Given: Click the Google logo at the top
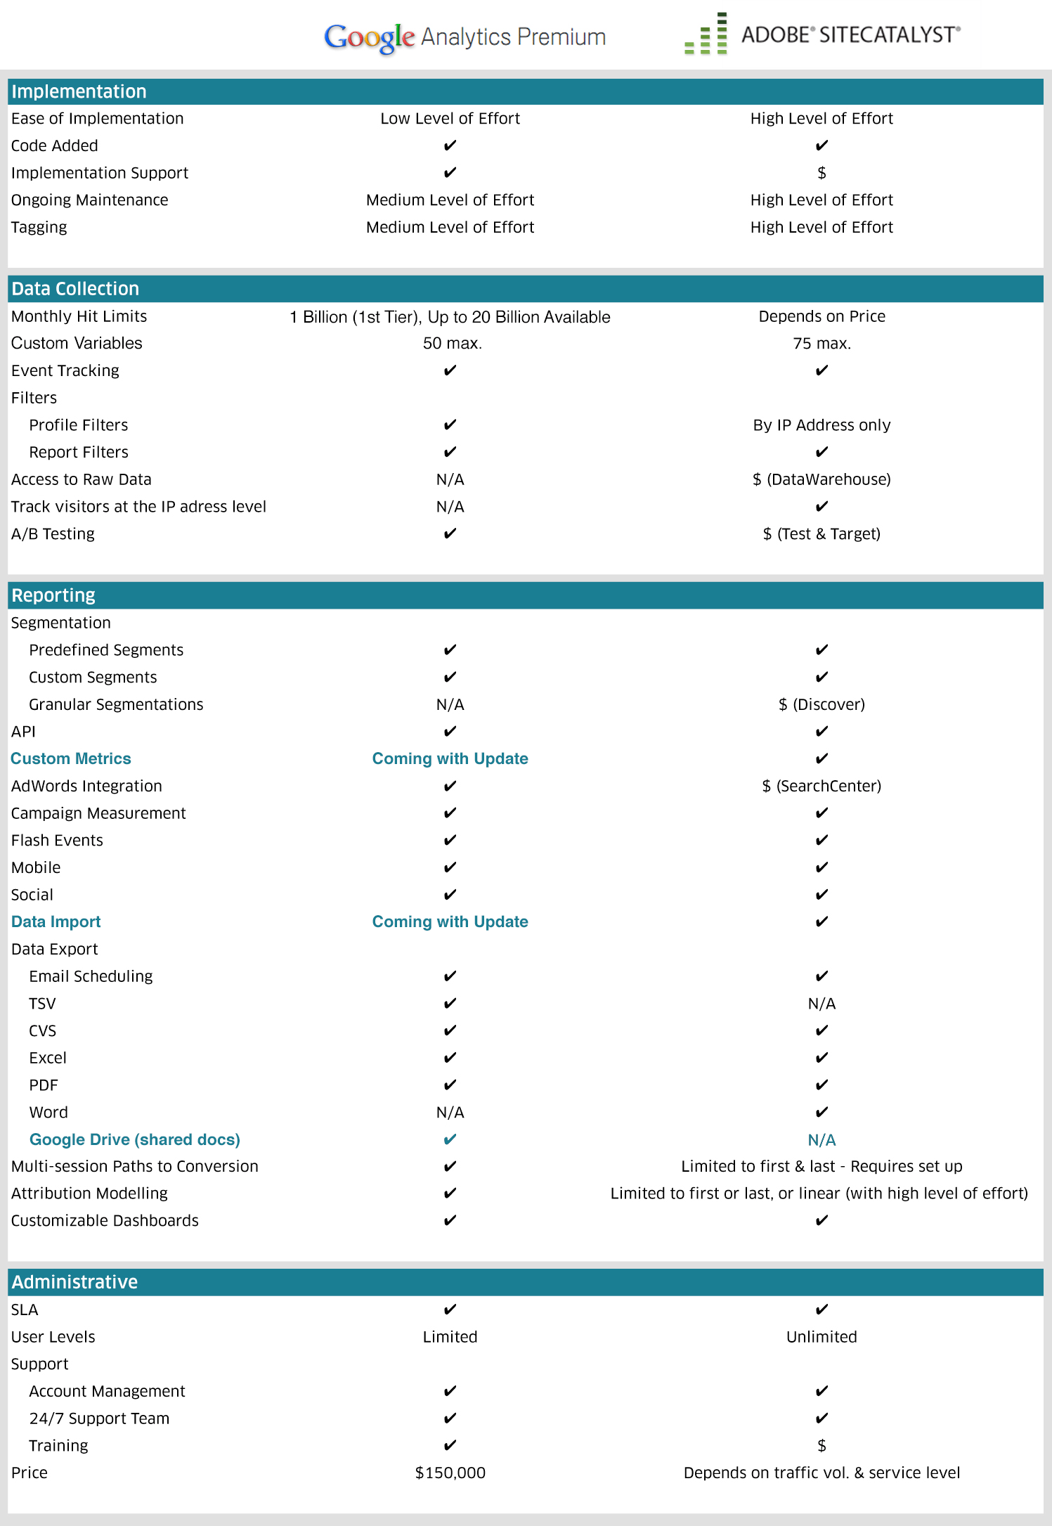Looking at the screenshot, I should (369, 37).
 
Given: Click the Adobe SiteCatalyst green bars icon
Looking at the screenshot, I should (706, 34).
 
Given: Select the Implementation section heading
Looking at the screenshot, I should (79, 91).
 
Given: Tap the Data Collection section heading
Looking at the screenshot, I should (75, 288).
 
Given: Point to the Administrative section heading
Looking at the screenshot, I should (74, 1281).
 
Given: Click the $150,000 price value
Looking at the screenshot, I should (450, 1472).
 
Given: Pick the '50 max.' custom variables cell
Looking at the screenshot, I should (452, 343).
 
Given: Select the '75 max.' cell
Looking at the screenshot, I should (822, 343).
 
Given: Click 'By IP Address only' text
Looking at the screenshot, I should (822, 425).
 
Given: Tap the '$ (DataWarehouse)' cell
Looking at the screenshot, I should (822, 479).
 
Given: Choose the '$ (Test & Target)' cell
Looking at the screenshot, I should (822, 534).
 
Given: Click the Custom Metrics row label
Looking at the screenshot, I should (71, 758).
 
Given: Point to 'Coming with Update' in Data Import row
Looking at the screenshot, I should (450, 922).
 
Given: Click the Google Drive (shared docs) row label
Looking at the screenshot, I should (135, 1139).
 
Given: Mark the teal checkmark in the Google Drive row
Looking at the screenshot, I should (450, 1139).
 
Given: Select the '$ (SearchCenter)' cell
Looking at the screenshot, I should (822, 786).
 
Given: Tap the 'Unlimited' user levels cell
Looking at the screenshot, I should (822, 1336).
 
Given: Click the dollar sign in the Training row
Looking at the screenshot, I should (822, 1445).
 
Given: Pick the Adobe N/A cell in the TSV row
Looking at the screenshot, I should (822, 1004).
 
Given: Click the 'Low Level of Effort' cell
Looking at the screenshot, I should (450, 118).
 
